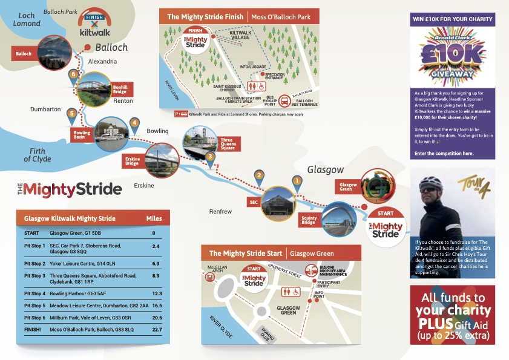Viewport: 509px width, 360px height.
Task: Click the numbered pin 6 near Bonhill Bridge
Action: click(x=73, y=74)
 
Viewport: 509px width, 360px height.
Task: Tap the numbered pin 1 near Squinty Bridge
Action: click(x=297, y=180)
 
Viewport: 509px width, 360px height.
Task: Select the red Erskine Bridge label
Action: click(x=133, y=160)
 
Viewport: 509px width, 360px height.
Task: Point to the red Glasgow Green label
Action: click(x=348, y=188)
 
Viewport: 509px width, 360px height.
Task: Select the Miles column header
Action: click(x=154, y=218)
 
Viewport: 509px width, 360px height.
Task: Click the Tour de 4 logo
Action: click(x=476, y=184)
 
